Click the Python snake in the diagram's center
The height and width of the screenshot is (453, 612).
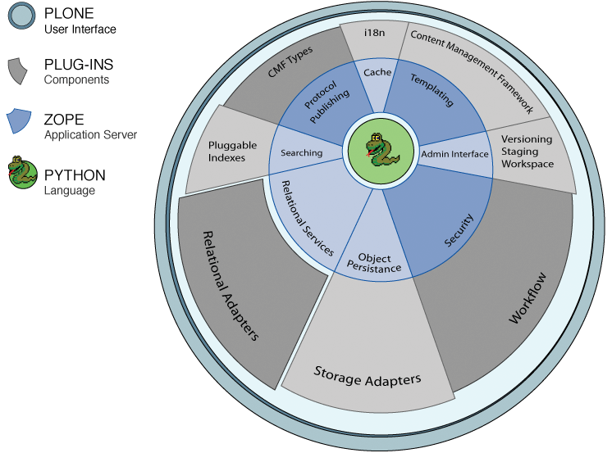pos(379,150)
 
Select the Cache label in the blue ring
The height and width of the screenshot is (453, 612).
pos(378,73)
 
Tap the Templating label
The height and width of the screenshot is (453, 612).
pos(432,89)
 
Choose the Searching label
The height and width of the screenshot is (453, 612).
pos(301,152)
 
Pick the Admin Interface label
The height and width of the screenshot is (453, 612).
pos(454,154)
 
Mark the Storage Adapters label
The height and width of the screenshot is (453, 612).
pos(368,377)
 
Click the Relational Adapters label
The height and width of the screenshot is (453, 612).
pos(230,284)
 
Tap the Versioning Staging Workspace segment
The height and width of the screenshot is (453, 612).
pos(526,152)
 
